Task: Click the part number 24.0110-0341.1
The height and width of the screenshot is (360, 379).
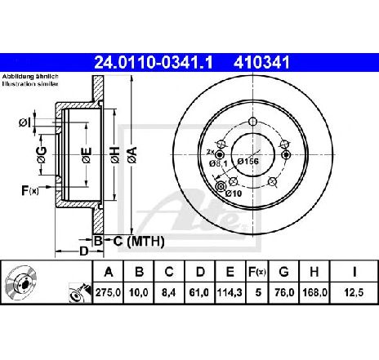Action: (154, 63)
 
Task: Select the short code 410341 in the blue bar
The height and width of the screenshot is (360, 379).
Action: (261, 63)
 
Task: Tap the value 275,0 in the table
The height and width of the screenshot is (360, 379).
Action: (108, 293)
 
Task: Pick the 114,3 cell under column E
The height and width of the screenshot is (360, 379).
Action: (230, 293)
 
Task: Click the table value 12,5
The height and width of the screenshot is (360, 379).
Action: (354, 293)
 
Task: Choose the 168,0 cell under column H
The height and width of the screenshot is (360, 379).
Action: (314, 293)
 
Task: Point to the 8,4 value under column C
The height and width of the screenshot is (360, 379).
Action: (169, 293)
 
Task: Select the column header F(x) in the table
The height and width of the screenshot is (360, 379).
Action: (257, 272)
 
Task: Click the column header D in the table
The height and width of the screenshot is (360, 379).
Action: (200, 272)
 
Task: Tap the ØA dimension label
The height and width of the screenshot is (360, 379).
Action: (132, 155)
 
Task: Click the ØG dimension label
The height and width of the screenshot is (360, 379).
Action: (42, 155)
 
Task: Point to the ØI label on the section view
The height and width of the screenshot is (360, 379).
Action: (25, 123)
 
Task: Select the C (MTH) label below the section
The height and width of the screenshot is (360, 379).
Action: (139, 242)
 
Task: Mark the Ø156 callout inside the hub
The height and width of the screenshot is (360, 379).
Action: (247, 161)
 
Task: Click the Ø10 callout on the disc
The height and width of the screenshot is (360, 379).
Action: (234, 193)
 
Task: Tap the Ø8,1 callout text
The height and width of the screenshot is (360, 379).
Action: (218, 163)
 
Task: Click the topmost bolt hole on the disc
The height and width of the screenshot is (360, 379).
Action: (253, 122)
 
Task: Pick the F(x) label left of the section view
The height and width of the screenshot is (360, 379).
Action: (30, 190)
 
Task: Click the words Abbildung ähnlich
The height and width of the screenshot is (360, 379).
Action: (30, 77)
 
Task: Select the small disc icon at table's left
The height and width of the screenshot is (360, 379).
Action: (21, 283)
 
